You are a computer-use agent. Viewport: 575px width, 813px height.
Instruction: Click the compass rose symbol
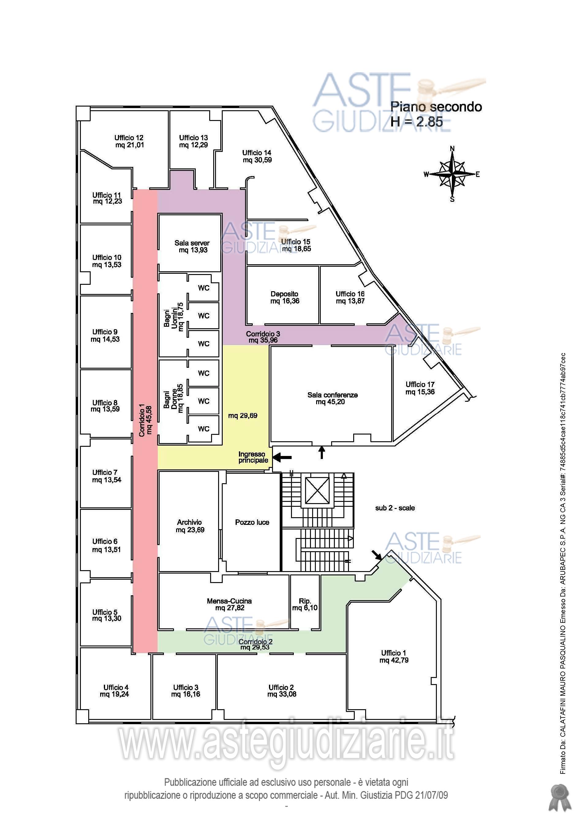(452, 174)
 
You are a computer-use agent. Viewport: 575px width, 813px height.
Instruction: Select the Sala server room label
(192, 243)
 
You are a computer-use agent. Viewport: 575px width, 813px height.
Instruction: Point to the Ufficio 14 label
(257, 152)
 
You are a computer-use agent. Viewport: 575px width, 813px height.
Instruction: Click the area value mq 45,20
(330, 402)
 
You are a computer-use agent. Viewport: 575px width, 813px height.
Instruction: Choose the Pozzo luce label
(252, 522)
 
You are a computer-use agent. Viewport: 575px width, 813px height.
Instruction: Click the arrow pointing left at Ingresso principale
(282, 457)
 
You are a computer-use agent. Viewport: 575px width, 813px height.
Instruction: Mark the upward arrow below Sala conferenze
(322, 452)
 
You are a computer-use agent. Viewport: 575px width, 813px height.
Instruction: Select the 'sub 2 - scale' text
(395, 508)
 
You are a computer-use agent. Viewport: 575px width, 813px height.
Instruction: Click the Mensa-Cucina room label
(229, 601)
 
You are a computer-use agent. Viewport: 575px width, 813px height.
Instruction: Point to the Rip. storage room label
(305, 601)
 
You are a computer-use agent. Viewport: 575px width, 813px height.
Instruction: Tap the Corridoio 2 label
(255, 642)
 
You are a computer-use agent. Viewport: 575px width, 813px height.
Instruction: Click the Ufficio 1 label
(394, 653)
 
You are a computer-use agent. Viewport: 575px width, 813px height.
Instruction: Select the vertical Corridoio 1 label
(142, 420)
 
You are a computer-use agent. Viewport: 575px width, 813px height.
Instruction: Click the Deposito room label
(285, 294)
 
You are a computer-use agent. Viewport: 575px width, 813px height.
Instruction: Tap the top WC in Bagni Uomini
(204, 288)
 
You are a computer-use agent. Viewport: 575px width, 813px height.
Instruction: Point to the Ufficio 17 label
(420, 385)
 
